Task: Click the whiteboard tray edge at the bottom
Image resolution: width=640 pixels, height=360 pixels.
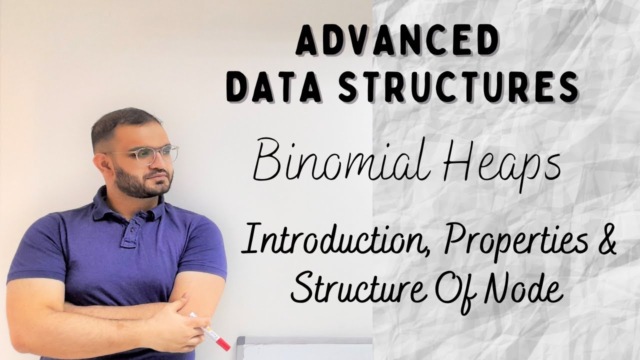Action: (305, 341)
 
